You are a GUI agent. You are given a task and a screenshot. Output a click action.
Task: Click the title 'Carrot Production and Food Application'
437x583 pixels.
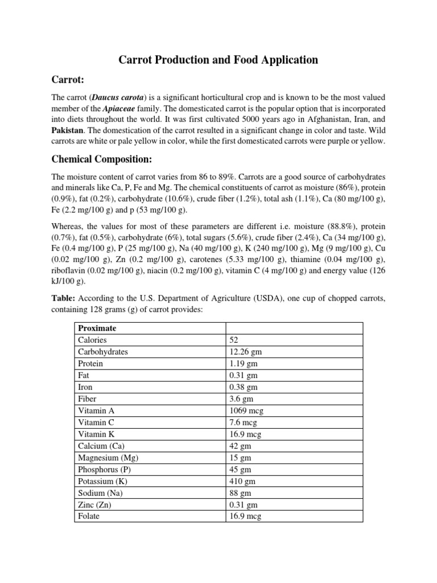(x=218, y=60)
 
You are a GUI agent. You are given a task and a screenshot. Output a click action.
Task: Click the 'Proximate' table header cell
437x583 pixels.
(x=97, y=329)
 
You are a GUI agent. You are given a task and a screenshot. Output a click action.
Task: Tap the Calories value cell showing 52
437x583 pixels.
(x=234, y=340)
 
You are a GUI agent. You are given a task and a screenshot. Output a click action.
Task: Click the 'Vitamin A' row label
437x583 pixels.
(x=94, y=410)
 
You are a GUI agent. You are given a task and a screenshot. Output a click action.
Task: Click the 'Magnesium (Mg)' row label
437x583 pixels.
(x=108, y=458)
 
